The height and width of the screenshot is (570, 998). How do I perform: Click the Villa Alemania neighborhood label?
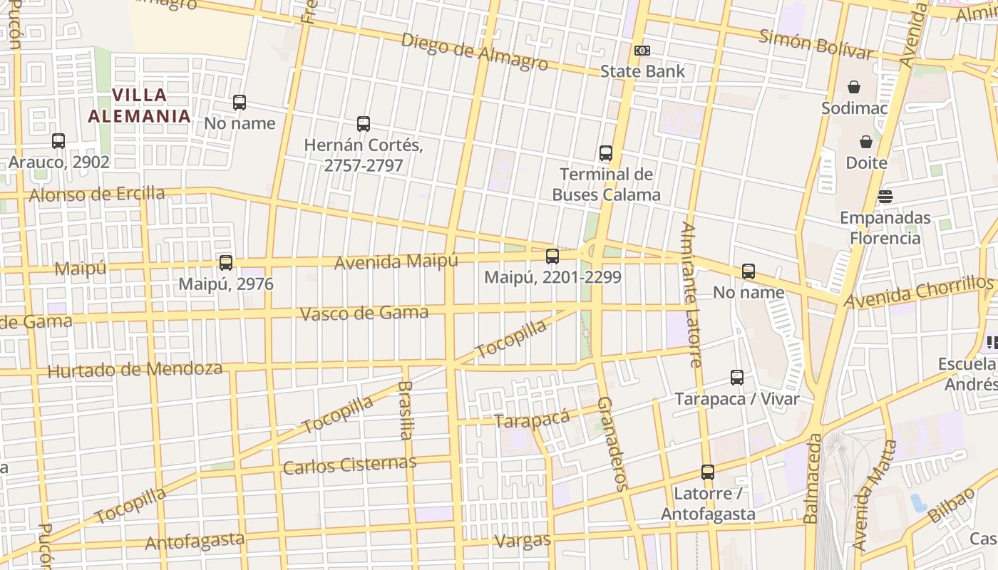140,105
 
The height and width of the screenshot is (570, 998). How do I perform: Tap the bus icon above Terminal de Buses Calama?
606,152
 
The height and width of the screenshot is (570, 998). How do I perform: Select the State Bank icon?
642,51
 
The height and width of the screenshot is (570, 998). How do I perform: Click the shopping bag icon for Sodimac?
854,87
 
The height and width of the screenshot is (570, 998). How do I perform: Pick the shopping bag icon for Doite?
866,142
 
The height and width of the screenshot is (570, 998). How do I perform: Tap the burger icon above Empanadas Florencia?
885,196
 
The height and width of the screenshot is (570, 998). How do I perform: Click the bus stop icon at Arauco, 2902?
58,141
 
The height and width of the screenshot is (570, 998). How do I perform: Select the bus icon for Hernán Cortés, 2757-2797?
364,124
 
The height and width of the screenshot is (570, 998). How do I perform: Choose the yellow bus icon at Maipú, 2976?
226,263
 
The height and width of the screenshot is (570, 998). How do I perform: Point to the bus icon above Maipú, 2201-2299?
552,256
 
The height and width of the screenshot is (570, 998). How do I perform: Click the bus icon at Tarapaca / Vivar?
737,378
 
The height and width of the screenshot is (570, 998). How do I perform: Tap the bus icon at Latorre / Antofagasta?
708,472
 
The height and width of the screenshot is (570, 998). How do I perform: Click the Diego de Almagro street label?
475,51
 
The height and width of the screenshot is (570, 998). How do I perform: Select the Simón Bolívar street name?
816,44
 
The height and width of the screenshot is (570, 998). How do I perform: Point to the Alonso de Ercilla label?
97,194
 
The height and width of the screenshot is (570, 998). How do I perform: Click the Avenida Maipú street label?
396,261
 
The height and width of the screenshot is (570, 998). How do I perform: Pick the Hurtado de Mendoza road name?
135,370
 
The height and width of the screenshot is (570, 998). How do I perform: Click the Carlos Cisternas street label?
349,465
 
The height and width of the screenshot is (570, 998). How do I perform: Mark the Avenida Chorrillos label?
919,292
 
